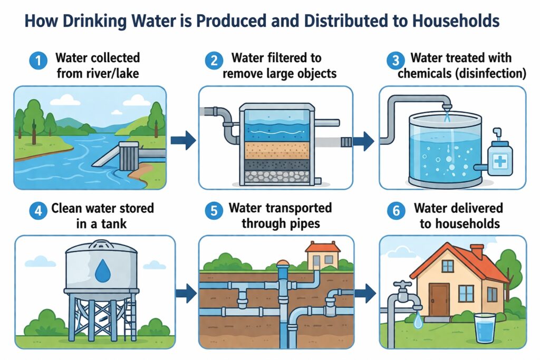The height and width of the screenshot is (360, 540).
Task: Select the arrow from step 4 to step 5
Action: [x=183, y=290]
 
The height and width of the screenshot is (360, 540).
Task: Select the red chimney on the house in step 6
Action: [x=477, y=251]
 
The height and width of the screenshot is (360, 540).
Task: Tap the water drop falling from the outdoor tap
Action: [x=418, y=320]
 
